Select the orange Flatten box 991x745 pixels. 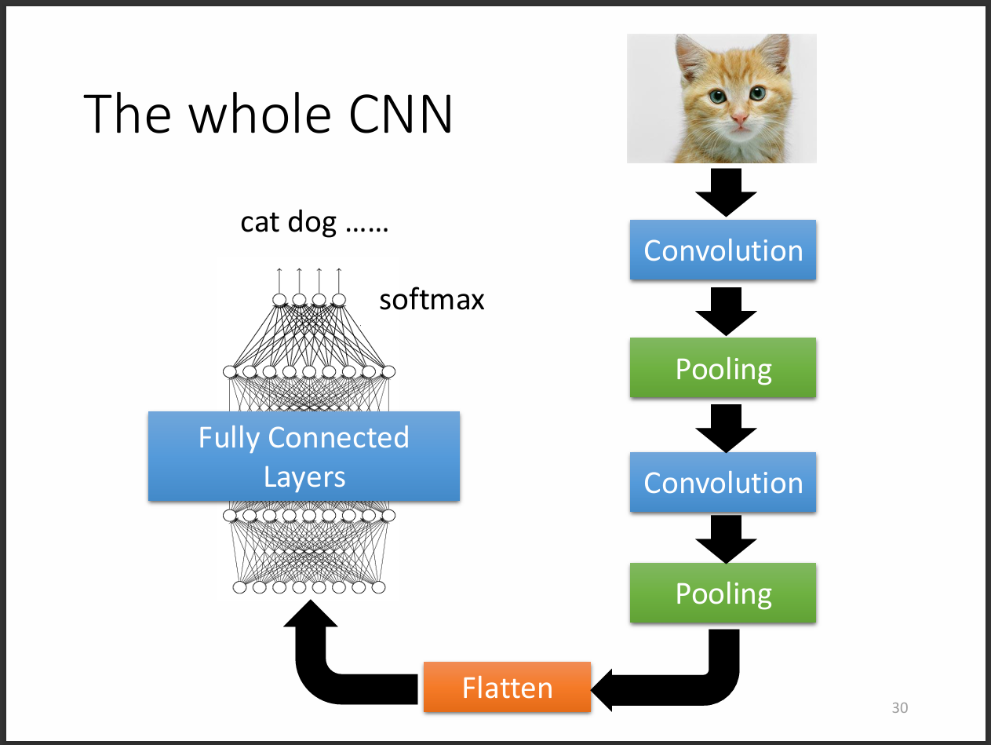click(507, 688)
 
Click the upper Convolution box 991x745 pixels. click(723, 250)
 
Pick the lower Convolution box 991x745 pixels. click(723, 482)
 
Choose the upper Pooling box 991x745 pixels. click(723, 367)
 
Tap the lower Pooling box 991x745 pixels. click(723, 593)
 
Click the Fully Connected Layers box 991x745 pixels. click(304, 456)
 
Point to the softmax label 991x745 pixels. click(432, 299)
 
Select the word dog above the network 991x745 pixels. click(312, 224)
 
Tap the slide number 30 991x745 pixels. click(899, 708)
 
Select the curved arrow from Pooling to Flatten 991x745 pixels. click(690, 683)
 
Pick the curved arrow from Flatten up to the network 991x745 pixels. click(330, 667)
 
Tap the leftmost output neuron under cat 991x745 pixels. click(279, 299)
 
